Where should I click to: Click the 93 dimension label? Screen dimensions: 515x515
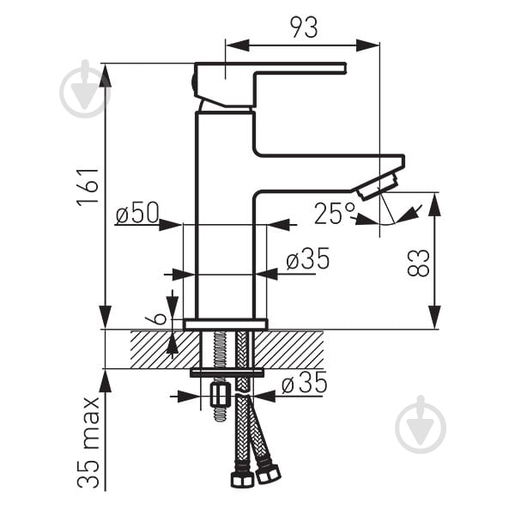tap(304, 27)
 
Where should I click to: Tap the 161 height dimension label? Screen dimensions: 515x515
tap(88, 188)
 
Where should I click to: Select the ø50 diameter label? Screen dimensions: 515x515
tap(137, 213)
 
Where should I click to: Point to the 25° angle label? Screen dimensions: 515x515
tap(335, 214)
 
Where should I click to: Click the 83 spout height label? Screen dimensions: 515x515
tap(419, 264)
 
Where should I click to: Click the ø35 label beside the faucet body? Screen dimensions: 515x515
tap(308, 258)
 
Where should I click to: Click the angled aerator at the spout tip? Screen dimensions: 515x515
tap(379, 186)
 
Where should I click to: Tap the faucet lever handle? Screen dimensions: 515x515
tap(270, 84)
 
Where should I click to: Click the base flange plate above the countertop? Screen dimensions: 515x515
tap(225, 324)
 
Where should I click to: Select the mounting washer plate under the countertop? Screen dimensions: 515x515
tap(227, 373)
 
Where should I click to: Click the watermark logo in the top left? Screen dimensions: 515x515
tap(85, 89)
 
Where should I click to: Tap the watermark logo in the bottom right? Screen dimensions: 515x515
tap(421, 424)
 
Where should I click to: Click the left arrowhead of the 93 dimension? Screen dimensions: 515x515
tap(237, 45)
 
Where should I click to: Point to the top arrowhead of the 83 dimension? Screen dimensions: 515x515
tap(434, 204)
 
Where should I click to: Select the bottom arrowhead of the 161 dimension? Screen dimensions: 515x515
tap(106, 318)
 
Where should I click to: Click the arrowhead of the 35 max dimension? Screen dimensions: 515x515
tap(106, 380)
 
